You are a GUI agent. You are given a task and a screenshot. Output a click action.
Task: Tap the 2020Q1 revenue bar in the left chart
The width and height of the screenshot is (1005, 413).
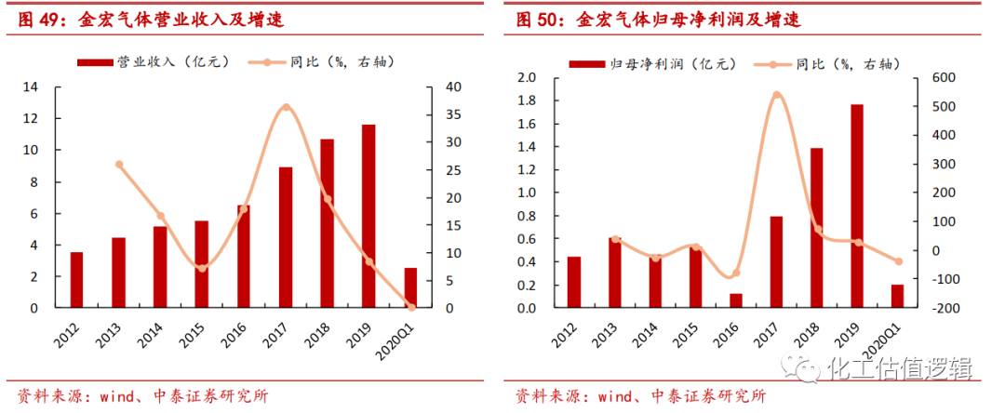click(410, 287)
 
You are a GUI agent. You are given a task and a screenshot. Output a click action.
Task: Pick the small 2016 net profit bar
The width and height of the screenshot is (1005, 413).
click(736, 300)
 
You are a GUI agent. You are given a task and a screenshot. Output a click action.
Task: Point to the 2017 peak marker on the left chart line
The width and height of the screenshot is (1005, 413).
click(286, 108)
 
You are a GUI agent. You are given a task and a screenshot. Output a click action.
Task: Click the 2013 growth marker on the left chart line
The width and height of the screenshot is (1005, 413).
click(119, 165)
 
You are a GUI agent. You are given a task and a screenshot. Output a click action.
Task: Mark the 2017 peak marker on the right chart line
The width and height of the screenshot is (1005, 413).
click(776, 95)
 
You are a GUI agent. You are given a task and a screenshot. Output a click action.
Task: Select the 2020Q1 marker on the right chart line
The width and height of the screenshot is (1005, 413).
click(898, 261)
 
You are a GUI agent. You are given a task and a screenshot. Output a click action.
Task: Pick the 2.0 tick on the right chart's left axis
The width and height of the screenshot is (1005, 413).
click(526, 78)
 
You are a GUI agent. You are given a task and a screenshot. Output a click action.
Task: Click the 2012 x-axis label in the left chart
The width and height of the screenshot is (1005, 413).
click(73, 332)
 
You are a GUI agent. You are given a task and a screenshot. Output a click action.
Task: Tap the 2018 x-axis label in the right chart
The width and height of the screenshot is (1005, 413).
click(811, 332)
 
